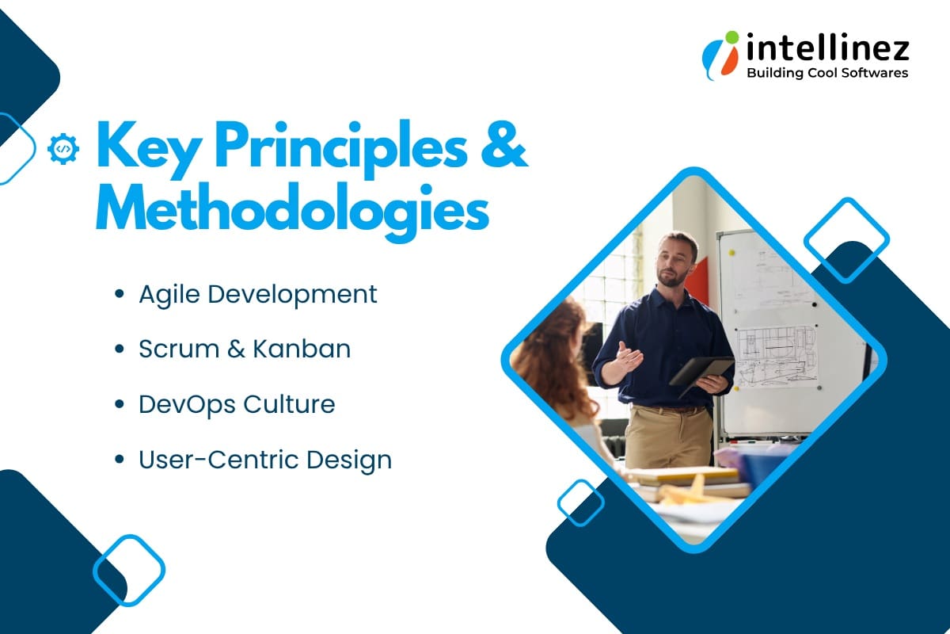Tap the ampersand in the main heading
click(503, 147)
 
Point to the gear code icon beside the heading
click(63, 148)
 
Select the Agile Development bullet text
click(257, 294)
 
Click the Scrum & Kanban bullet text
click(244, 349)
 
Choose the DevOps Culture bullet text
click(236, 404)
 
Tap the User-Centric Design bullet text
click(264, 460)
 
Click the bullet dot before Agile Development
click(120, 295)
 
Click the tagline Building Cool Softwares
click(827, 73)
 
